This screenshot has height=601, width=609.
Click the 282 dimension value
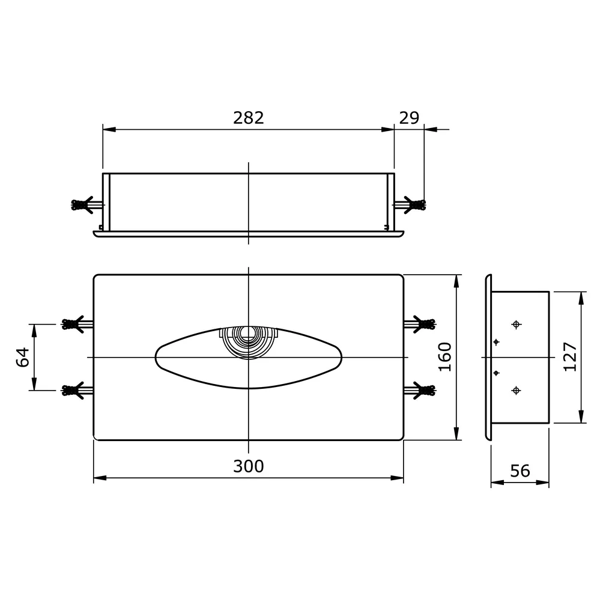click(x=248, y=118)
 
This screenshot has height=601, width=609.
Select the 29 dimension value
click(x=409, y=118)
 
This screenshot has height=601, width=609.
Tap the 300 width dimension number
click(x=248, y=466)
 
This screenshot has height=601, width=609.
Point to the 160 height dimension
click(x=445, y=357)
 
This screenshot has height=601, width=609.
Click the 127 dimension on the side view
click(x=571, y=357)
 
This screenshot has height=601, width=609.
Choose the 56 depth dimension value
click(x=520, y=471)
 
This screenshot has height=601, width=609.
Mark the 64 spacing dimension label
click(x=23, y=357)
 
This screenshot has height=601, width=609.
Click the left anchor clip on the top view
click(x=82, y=205)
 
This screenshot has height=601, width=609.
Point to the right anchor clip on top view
click(x=414, y=205)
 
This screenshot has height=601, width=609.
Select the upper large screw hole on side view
click(x=516, y=325)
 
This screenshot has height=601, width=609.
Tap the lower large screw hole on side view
click(x=516, y=391)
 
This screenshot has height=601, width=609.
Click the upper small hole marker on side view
click(x=496, y=342)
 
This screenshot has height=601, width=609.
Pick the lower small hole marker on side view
click(x=496, y=373)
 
